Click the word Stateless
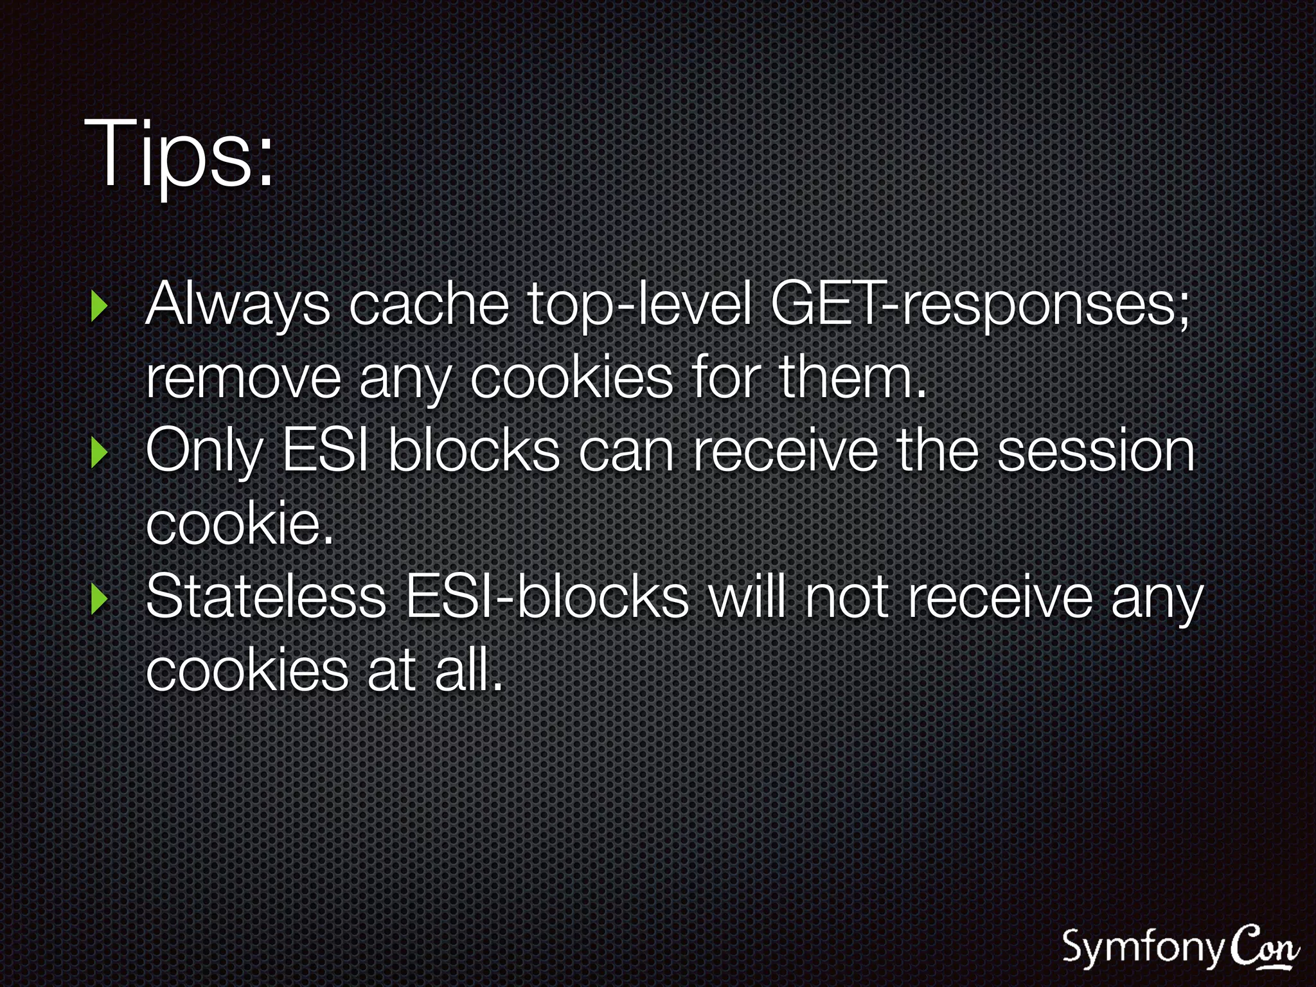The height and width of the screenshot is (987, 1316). pyautogui.click(x=266, y=598)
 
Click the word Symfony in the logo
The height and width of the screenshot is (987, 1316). pyautogui.click(x=1143, y=948)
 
